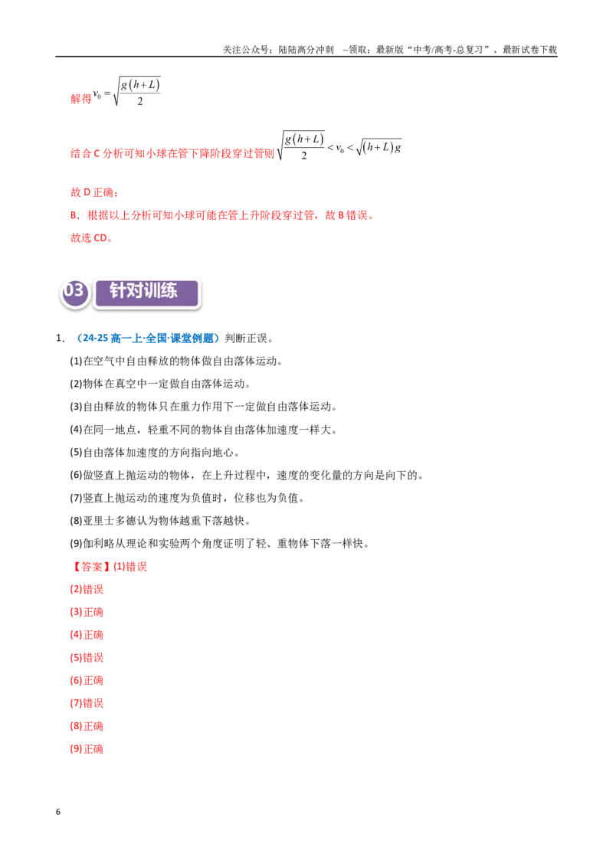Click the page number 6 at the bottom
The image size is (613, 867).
[x=58, y=812]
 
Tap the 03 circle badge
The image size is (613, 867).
[x=74, y=291]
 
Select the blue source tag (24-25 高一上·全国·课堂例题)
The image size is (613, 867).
[x=146, y=339]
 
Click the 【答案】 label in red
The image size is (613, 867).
[x=90, y=567]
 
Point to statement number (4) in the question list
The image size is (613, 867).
[x=76, y=430]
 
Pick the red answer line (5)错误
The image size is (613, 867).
[x=87, y=657]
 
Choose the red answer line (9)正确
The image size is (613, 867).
[x=87, y=749]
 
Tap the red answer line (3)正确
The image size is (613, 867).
[x=87, y=612]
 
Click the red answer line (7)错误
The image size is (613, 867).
[x=87, y=703]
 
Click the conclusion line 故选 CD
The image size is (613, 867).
[x=91, y=237]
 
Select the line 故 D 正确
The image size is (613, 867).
[x=94, y=192]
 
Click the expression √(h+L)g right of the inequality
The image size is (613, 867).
[x=379, y=148]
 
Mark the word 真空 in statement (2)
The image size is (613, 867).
[x=126, y=384]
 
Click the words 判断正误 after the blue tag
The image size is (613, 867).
[x=246, y=339]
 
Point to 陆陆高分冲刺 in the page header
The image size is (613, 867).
[x=306, y=50]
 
